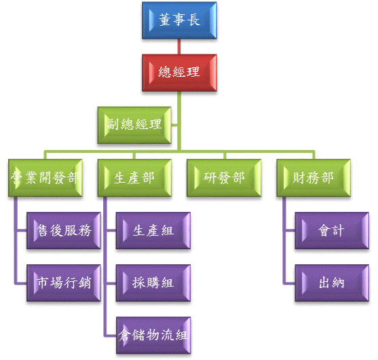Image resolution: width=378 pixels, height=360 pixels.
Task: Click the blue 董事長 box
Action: [x=179, y=20]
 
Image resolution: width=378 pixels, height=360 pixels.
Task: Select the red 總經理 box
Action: [x=179, y=73]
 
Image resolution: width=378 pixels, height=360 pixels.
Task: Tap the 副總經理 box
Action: [x=134, y=125]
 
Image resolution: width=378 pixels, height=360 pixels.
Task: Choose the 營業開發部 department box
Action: [x=45, y=178]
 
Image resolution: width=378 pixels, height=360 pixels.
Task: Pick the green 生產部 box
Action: [x=134, y=178]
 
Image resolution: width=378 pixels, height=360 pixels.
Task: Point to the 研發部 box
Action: [x=224, y=178]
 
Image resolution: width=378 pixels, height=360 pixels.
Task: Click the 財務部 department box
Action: [x=314, y=178]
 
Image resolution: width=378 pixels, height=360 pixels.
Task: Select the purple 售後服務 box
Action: [x=64, y=230]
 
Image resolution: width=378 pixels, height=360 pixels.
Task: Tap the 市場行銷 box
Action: [x=64, y=283]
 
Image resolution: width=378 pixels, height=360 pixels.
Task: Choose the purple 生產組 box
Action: [x=153, y=230]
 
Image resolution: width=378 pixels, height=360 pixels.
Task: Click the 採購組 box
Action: [x=153, y=283]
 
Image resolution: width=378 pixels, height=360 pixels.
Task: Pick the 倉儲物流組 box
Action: [x=153, y=336]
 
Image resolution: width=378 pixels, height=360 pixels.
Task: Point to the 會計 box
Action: [x=332, y=230]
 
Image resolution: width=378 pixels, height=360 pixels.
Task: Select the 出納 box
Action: [x=332, y=283]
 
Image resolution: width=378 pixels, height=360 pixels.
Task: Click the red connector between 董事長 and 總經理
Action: [x=179, y=47]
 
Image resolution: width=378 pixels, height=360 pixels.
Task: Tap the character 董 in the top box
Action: [x=165, y=20]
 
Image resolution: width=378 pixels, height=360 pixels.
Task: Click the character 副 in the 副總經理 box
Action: [x=113, y=124]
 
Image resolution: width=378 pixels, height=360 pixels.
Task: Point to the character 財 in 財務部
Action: [x=299, y=178]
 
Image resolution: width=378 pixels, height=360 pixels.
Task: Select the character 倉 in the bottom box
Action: [x=125, y=335]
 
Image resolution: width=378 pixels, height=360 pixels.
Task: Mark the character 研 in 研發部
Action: [x=210, y=177]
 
